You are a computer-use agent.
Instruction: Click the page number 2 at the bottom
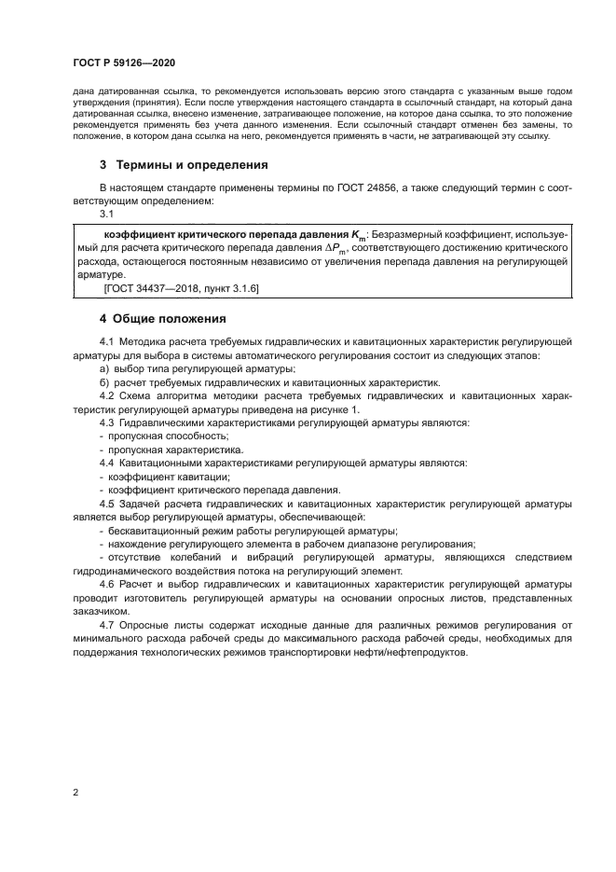(75, 793)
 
